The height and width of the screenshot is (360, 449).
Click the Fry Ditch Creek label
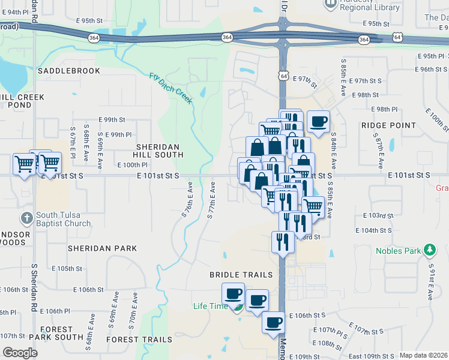[x=171, y=88]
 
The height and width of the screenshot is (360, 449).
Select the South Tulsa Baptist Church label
[x=63, y=219]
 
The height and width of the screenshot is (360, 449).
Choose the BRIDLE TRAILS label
[x=241, y=275]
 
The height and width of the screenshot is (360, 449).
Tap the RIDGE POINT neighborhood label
[x=388, y=125]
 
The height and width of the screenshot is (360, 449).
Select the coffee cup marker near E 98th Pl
[x=319, y=122]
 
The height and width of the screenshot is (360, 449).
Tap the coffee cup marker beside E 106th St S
[x=273, y=322]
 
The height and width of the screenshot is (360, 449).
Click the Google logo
[x=20, y=353]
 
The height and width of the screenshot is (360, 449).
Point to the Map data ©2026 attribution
[x=423, y=355]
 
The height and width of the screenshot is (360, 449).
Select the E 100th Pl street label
[x=133, y=165]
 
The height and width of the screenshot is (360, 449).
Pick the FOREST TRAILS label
[x=139, y=340]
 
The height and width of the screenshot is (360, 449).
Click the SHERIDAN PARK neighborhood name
[x=102, y=248]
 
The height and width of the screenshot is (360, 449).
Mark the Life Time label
[x=211, y=306]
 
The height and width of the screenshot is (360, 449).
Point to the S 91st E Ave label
[x=431, y=281]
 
